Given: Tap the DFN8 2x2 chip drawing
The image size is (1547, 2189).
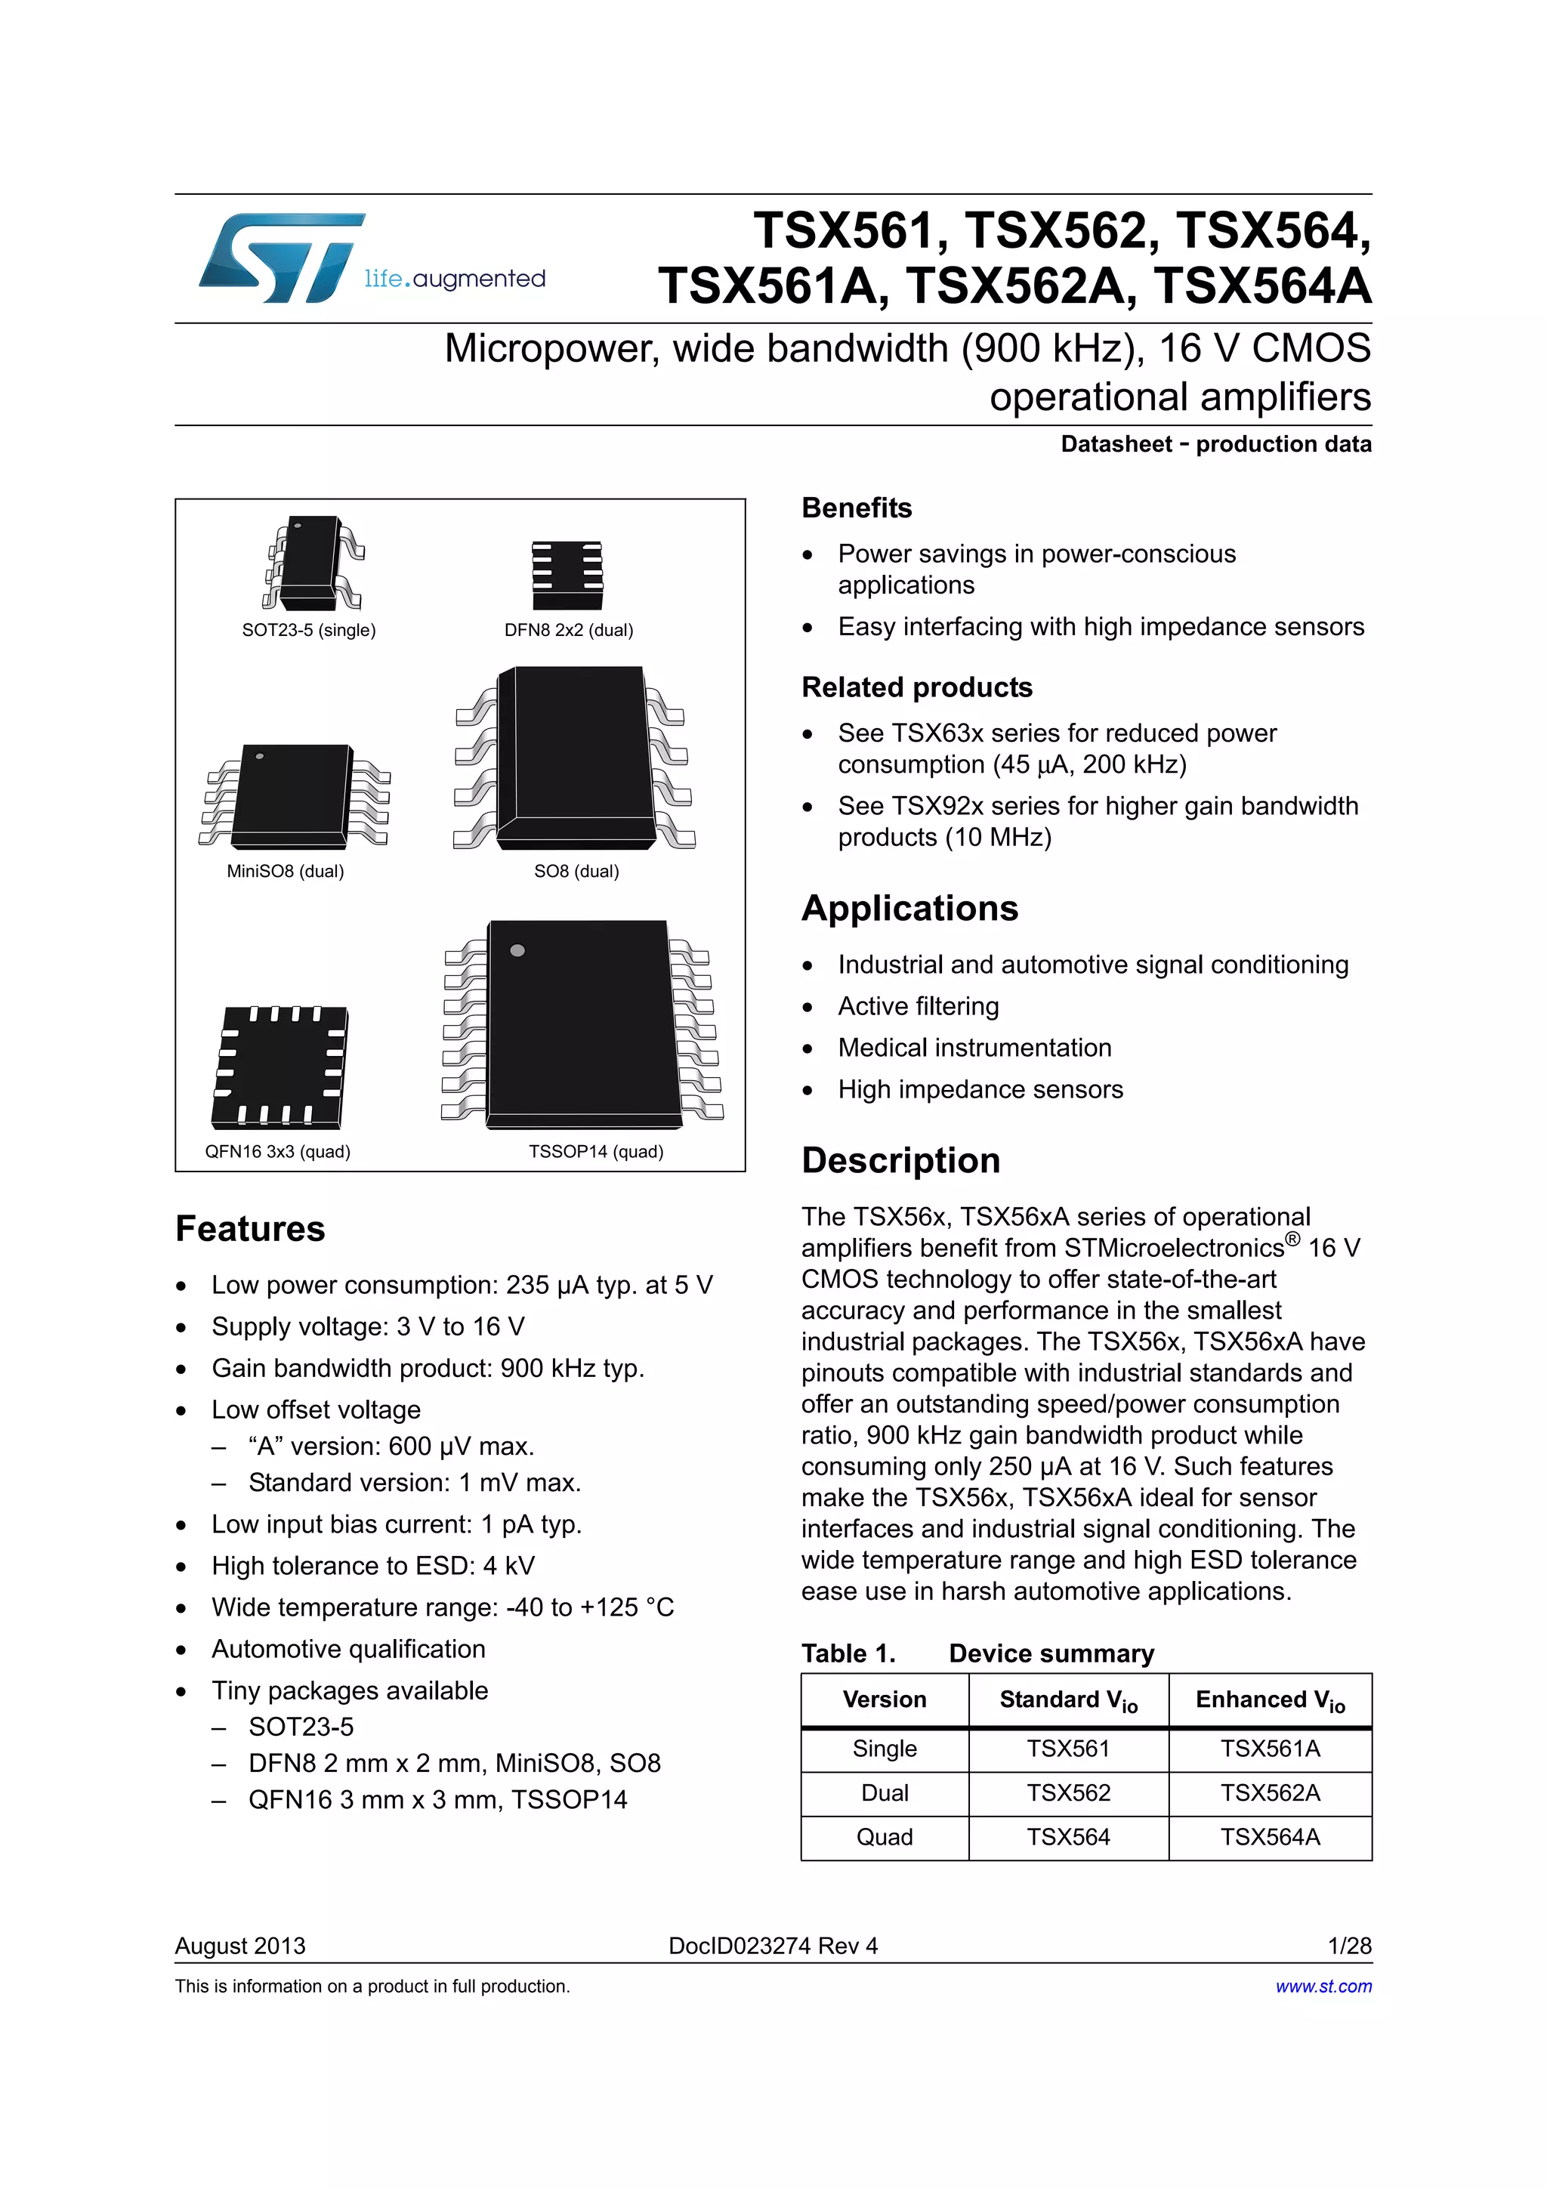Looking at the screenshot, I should pos(567,575).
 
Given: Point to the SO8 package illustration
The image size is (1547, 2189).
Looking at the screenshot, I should pos(575,758).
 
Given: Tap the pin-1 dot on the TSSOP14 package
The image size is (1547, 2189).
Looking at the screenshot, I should pos(517,950).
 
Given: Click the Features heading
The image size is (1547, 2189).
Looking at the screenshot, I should pos(250,1229).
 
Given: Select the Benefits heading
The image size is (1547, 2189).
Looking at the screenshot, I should pos(856,508).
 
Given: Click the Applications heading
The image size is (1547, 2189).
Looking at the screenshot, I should pos(909,909).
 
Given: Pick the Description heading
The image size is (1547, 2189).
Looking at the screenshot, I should pos(900,1160).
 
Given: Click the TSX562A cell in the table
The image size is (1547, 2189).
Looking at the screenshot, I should pos(1270,1793).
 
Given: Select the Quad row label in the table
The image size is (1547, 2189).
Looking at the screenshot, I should pos(885,1837).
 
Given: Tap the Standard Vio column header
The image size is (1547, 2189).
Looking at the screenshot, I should pos(1067,1700).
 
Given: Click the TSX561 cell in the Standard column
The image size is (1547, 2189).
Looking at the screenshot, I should pos(1067,1749).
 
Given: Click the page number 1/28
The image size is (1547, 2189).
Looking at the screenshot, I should pos(1349,1946).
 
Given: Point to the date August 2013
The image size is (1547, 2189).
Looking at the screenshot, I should pos(240,1946).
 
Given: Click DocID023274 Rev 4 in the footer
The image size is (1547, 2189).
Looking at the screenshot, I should pos(773,1946).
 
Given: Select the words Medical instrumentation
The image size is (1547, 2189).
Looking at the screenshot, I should pos(974,1048).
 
